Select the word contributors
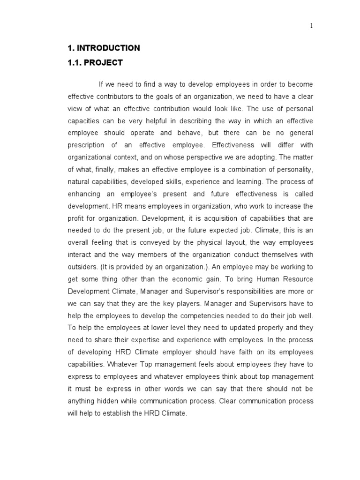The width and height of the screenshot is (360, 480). click(115, 97)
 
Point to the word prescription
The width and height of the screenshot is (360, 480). click(87, 145)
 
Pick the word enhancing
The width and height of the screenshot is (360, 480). click(85, 194)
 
